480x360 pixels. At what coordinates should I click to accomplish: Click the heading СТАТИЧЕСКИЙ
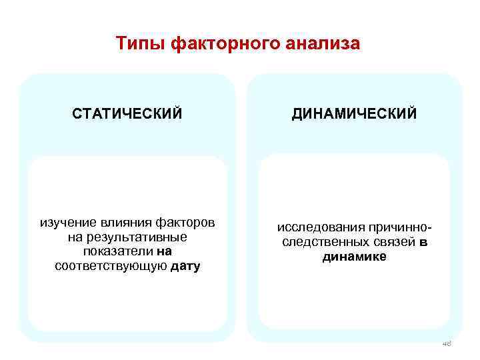coord(127,114)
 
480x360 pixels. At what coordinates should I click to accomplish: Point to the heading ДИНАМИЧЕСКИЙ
coord(354,114)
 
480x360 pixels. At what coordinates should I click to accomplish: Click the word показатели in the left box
coord(117,252)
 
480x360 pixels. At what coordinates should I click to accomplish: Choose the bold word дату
coord(185,267)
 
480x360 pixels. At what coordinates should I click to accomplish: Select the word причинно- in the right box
coord(393,227)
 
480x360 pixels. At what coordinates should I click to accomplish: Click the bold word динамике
coord(354,257)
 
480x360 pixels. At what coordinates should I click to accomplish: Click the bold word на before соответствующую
coord(165,252)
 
